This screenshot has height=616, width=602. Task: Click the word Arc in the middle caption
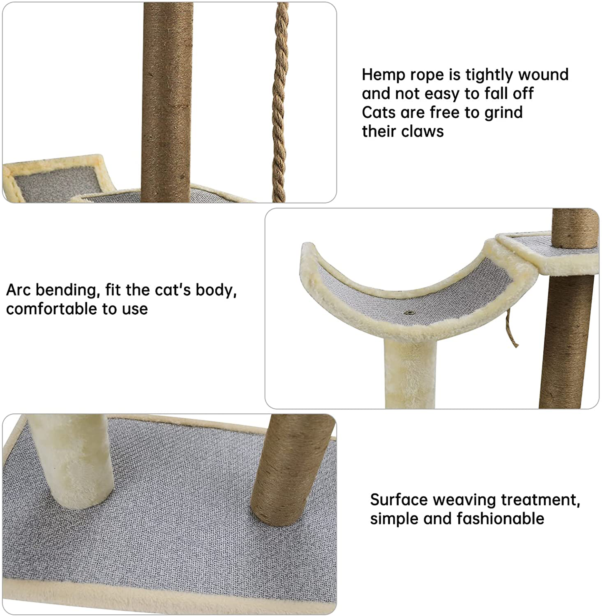coord(18,290)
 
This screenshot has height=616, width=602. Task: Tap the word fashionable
coord(500,519)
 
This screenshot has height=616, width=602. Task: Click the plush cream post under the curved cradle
coord(410,373)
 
